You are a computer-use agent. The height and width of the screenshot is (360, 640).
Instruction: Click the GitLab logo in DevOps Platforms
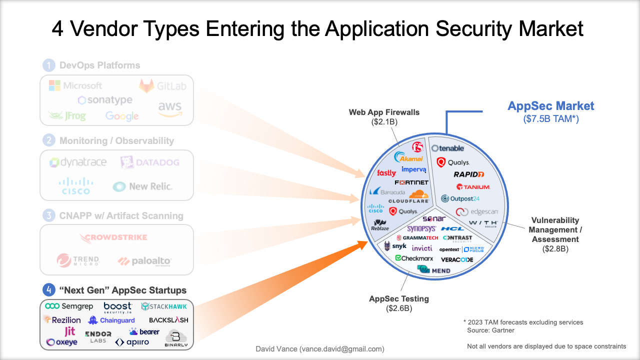point(162,85)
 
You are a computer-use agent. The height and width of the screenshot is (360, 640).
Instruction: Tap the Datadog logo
point(149,162)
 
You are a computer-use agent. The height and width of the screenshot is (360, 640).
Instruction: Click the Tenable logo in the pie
point(447,148)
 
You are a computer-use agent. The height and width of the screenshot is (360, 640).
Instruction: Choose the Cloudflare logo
point(409,196)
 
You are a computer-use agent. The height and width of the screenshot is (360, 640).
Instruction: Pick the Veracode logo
point(456,259)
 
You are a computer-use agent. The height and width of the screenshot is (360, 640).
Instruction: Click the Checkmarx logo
point(414,258)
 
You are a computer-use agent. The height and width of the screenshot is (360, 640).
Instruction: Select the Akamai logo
point(408,158)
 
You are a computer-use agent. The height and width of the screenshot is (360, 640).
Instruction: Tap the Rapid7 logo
point(468,174)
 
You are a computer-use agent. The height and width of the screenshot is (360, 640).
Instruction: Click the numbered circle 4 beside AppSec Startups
point(48,290)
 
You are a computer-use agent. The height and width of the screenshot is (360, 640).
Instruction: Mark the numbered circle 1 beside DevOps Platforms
point(48,65)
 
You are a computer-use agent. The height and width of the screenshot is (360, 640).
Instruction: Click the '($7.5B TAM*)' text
point(550,119)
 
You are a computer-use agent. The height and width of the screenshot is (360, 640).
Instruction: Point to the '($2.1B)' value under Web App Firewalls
point(384,122)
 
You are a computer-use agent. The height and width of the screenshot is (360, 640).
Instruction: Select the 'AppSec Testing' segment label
point(398,299)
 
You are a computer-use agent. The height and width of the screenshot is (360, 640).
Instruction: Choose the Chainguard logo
point(111,320)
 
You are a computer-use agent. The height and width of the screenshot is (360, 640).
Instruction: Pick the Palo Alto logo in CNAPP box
point(144,261)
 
